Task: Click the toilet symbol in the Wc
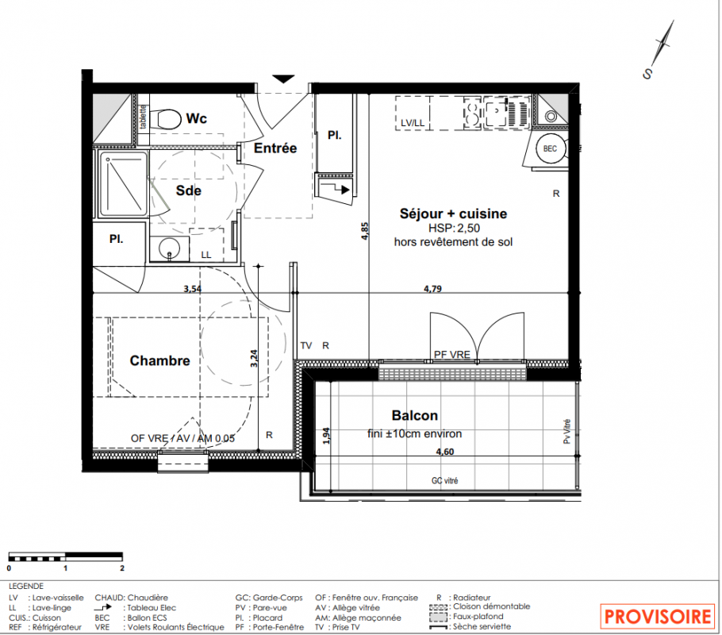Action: (167, 119)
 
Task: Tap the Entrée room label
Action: (275, 148)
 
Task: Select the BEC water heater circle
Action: (551, 148)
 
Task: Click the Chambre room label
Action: (159, 360)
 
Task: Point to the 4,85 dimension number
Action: (365, 231)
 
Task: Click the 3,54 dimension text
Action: (193, 289)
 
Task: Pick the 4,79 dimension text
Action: (433, 289)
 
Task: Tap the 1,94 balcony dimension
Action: (326, 436)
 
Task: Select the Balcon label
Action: (414, 415)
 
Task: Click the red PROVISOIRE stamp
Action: (658, 617)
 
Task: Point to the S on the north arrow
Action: (648, 74)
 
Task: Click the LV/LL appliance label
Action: (412, 123)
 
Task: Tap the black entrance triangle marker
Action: (283, 79)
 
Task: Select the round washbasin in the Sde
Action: (169, 249)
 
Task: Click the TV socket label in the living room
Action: (306, 345)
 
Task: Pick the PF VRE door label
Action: (451, 354)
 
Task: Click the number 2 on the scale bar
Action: (122, 568)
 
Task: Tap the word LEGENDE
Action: (26, 586)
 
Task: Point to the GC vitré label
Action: (445, 481)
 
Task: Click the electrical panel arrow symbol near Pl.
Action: (335, 188)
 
